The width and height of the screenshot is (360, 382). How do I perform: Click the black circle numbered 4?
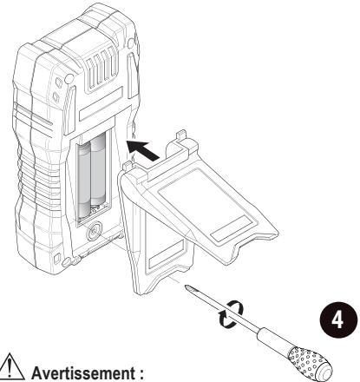[x=338, y=320]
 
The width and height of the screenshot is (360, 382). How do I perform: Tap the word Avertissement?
[x=83, y=372]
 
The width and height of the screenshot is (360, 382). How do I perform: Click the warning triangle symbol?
[x=11, y=366]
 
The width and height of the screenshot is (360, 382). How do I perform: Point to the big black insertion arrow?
[x=143, y=149]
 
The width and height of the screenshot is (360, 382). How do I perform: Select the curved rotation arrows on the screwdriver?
[x=231, y=313]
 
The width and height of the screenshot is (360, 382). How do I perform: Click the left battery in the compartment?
[x=84, y=180]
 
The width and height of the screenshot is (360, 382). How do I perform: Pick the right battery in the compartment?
[x=98, y=170]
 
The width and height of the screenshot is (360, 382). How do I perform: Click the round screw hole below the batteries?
[x=94, y=231]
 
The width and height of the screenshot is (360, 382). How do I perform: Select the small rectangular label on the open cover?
[x=231, y=228]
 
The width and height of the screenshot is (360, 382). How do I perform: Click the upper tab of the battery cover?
[x=181, y=135]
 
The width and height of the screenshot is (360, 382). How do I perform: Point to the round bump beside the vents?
[x=69, y=78]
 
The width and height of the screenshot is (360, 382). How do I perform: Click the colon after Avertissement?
[x=141, y=374]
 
